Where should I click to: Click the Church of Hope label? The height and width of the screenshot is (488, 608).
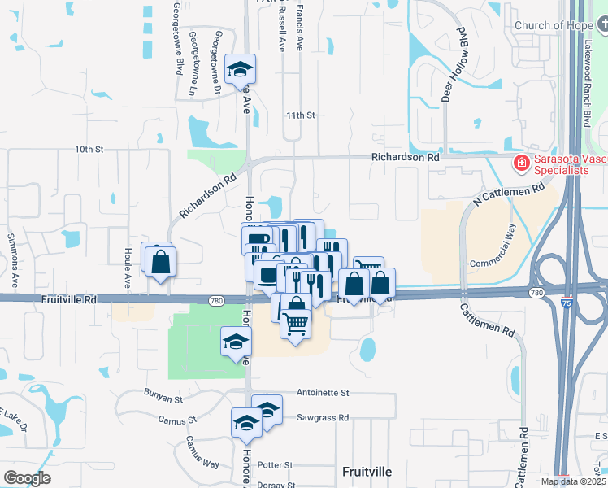click(554, 25)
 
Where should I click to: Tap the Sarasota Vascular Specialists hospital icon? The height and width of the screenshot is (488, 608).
click(520, 164)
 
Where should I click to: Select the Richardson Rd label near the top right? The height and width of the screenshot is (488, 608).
click(405, 158)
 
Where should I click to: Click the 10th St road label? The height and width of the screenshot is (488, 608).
click(89, 150)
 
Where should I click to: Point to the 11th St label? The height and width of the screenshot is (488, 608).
click(299, 115)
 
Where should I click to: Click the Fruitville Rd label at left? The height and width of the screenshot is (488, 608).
click(69, 299)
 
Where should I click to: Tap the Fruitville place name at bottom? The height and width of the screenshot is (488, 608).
click(367, 471)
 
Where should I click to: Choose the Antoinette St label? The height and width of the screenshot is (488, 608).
click(323, 392)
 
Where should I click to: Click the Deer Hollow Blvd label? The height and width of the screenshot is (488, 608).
click(456, 74)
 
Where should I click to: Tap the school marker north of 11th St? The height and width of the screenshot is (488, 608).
click(240, 69)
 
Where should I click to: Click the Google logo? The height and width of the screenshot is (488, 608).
click(27, 478)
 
